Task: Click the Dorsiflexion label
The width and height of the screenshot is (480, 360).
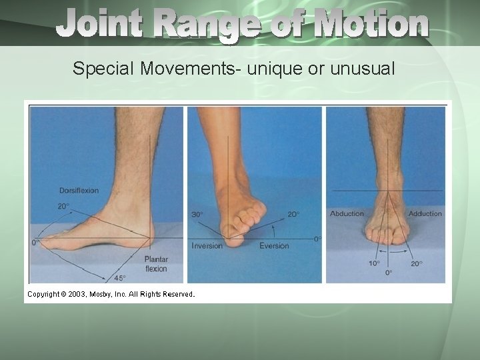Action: [x=79, y=191]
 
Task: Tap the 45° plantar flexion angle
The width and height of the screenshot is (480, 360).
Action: [x=121, y=278]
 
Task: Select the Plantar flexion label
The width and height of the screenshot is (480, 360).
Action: [x=156, y=264]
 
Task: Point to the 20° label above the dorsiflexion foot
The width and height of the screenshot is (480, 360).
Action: [x=63, y=207]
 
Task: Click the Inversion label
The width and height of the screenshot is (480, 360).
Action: [x=207, y=246]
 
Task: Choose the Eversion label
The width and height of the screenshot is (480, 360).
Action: [x=274, y=246]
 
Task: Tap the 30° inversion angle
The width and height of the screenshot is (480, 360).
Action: [x=198, y=215]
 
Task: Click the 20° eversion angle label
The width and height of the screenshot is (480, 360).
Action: [x=293, y=215]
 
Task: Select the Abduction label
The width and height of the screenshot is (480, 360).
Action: [x=347, y=214]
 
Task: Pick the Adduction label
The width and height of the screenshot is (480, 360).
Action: [x=425, y=214]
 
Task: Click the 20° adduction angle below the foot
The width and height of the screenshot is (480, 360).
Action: [x=417, y=263]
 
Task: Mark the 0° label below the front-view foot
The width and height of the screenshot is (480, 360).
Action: [x=389, y=273]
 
